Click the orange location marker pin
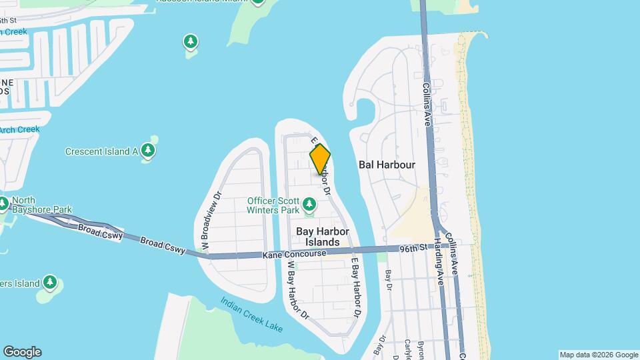320,159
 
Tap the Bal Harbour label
387,164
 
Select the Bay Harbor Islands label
323,237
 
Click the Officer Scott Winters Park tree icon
309,203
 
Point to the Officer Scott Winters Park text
273,205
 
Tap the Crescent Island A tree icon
148,151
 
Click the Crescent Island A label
101,151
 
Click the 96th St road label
413,249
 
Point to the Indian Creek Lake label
252,314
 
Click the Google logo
22,352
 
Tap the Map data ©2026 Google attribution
598,355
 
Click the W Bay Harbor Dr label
297,288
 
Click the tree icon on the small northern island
191,43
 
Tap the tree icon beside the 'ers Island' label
50,283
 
